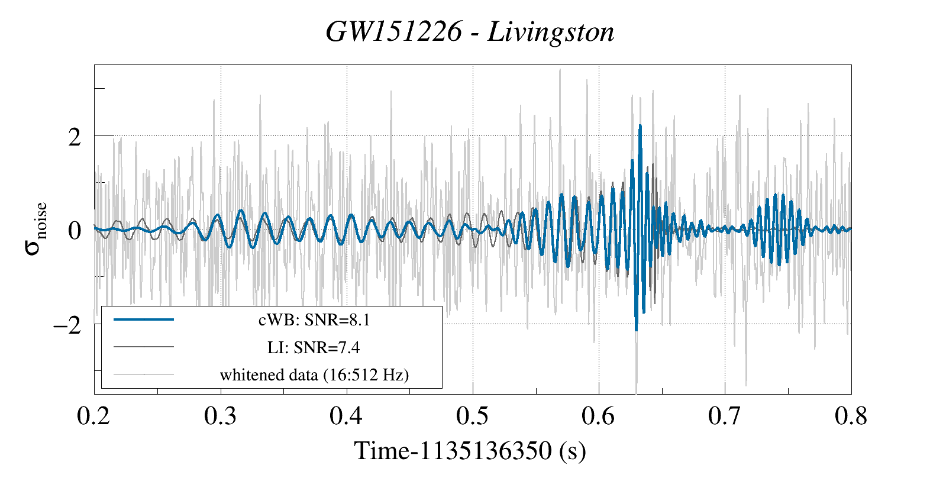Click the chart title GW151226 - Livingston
(x=470, y=32)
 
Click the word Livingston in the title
(x=551, y=32)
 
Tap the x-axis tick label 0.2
(x=93, y=416)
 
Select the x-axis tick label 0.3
(x=220, y=416)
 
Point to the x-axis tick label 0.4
(x=346, y=416)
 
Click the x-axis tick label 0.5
(x=472, y=416)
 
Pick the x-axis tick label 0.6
(x=598, y=416)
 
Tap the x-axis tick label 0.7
(x=724, y=416)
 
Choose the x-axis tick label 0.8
(x=851, y=416)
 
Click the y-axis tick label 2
(x=75, y=137)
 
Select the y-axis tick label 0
(x=75, y=231)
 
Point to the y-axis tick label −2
(x=67, y=325)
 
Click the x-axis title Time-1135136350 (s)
(x=470, y=451)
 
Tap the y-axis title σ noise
(x=35, y=228)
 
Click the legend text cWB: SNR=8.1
(x=314, y=320)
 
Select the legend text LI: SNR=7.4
(x=314, y=347)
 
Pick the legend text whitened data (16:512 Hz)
(x=314, y=375)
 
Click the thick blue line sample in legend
(x=144, y=319)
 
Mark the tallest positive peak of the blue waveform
(x=640, y=126)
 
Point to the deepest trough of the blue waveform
(x=637, y=330)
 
